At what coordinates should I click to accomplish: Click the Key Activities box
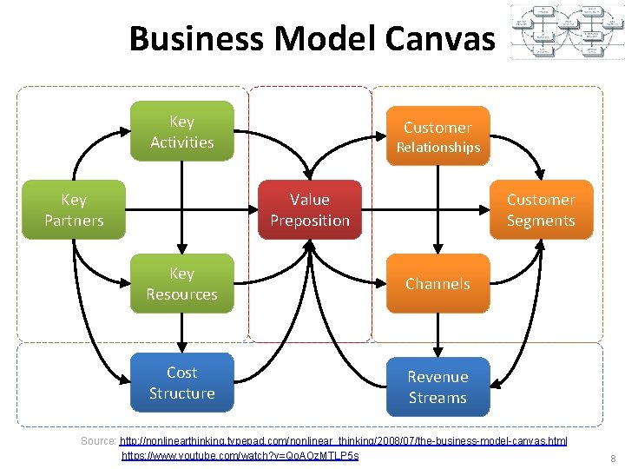[x=181, y=131]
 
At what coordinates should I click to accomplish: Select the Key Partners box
[x=74, y=209]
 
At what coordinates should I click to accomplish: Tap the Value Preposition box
[x=310, y=209]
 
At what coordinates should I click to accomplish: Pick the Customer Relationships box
[x=437, y=135]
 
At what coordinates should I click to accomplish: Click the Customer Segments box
[x=541, y=209]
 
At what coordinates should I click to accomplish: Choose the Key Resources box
[x=181, y=283]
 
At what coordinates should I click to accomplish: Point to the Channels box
[x=437, y=283]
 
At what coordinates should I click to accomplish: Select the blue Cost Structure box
[x=181, y=382]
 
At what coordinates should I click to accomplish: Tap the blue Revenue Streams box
[x=437, y=386]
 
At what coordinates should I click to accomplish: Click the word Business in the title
[x=197, y=38]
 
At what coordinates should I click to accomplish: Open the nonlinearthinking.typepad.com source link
[x=344, y=441]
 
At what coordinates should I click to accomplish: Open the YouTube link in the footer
[x=240, y=455]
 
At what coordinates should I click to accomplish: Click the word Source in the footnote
[x=97, y=441]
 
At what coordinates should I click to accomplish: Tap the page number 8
[x=613, y=459]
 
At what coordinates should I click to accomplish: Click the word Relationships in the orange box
[x=437, y=148]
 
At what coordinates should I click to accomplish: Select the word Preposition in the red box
[x=310, y=221]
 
